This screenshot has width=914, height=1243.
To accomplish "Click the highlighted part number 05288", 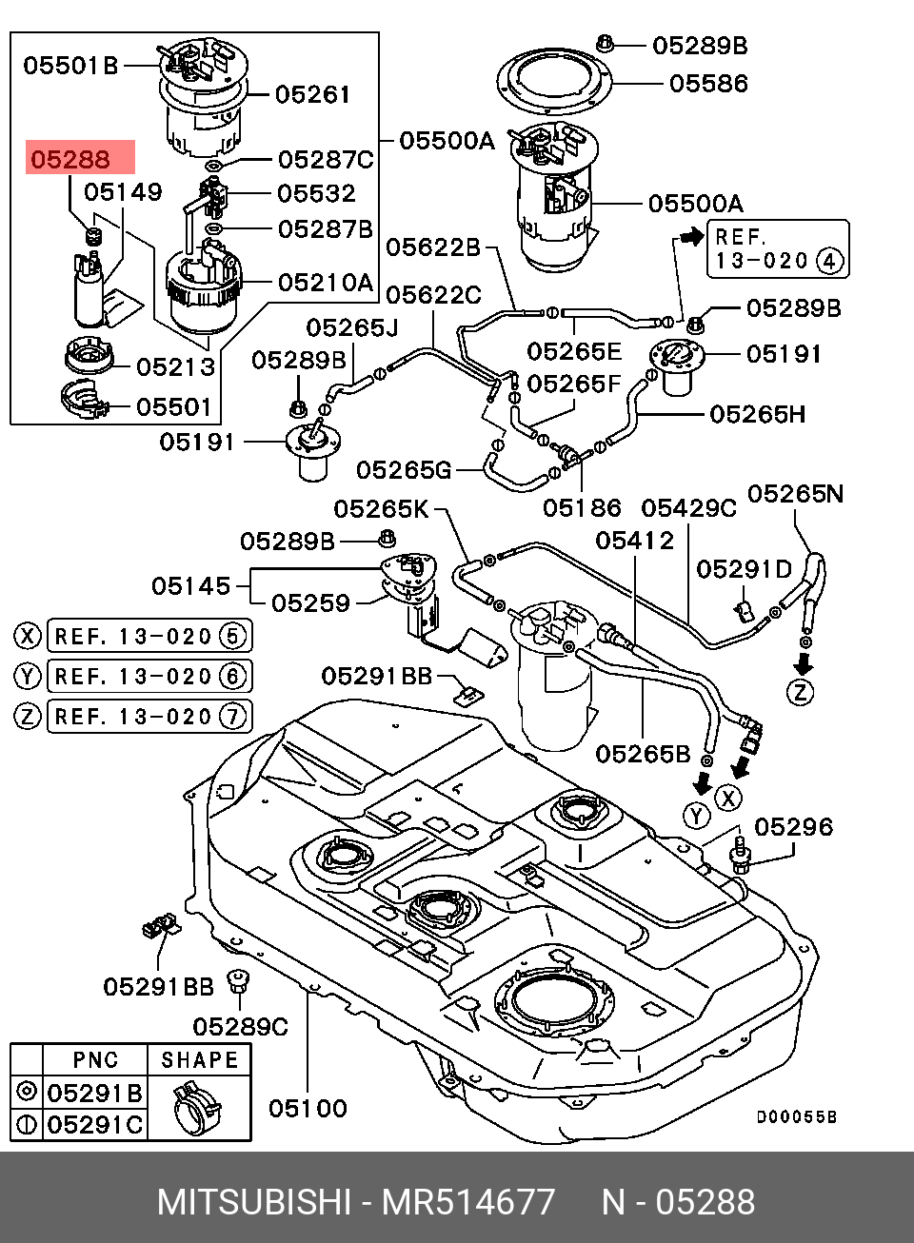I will pos(71,159).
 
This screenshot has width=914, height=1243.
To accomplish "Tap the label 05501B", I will pos(70,66).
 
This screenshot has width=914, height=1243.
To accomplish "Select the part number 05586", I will pos(708,84).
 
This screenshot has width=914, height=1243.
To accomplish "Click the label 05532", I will pos(316,194).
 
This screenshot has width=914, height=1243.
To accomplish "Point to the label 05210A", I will pos(326,283).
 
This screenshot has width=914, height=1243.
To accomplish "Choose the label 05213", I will pos(176,367).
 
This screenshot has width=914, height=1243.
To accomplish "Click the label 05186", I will pos(582,508).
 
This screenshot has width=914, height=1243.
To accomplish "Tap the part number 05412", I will pos(635,541).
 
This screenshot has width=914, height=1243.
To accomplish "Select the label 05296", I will pos(794,827).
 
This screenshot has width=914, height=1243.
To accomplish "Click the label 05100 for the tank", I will pos(308,1108).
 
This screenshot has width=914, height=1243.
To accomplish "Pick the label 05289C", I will pos(240,1027).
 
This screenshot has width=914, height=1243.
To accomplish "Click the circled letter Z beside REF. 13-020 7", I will pos(28,716).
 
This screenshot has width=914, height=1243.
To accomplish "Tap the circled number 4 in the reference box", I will pos(831,261).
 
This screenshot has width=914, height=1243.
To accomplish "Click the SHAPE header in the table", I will pos(199,1060).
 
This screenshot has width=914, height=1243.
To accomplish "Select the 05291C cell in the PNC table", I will pos(95,1124).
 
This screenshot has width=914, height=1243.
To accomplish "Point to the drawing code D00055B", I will pos(797,1117).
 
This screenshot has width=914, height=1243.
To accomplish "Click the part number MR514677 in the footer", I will pos(468,1202).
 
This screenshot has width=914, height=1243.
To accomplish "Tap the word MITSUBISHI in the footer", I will pos(253,1202).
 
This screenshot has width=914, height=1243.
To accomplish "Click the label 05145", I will pos(191,586).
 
